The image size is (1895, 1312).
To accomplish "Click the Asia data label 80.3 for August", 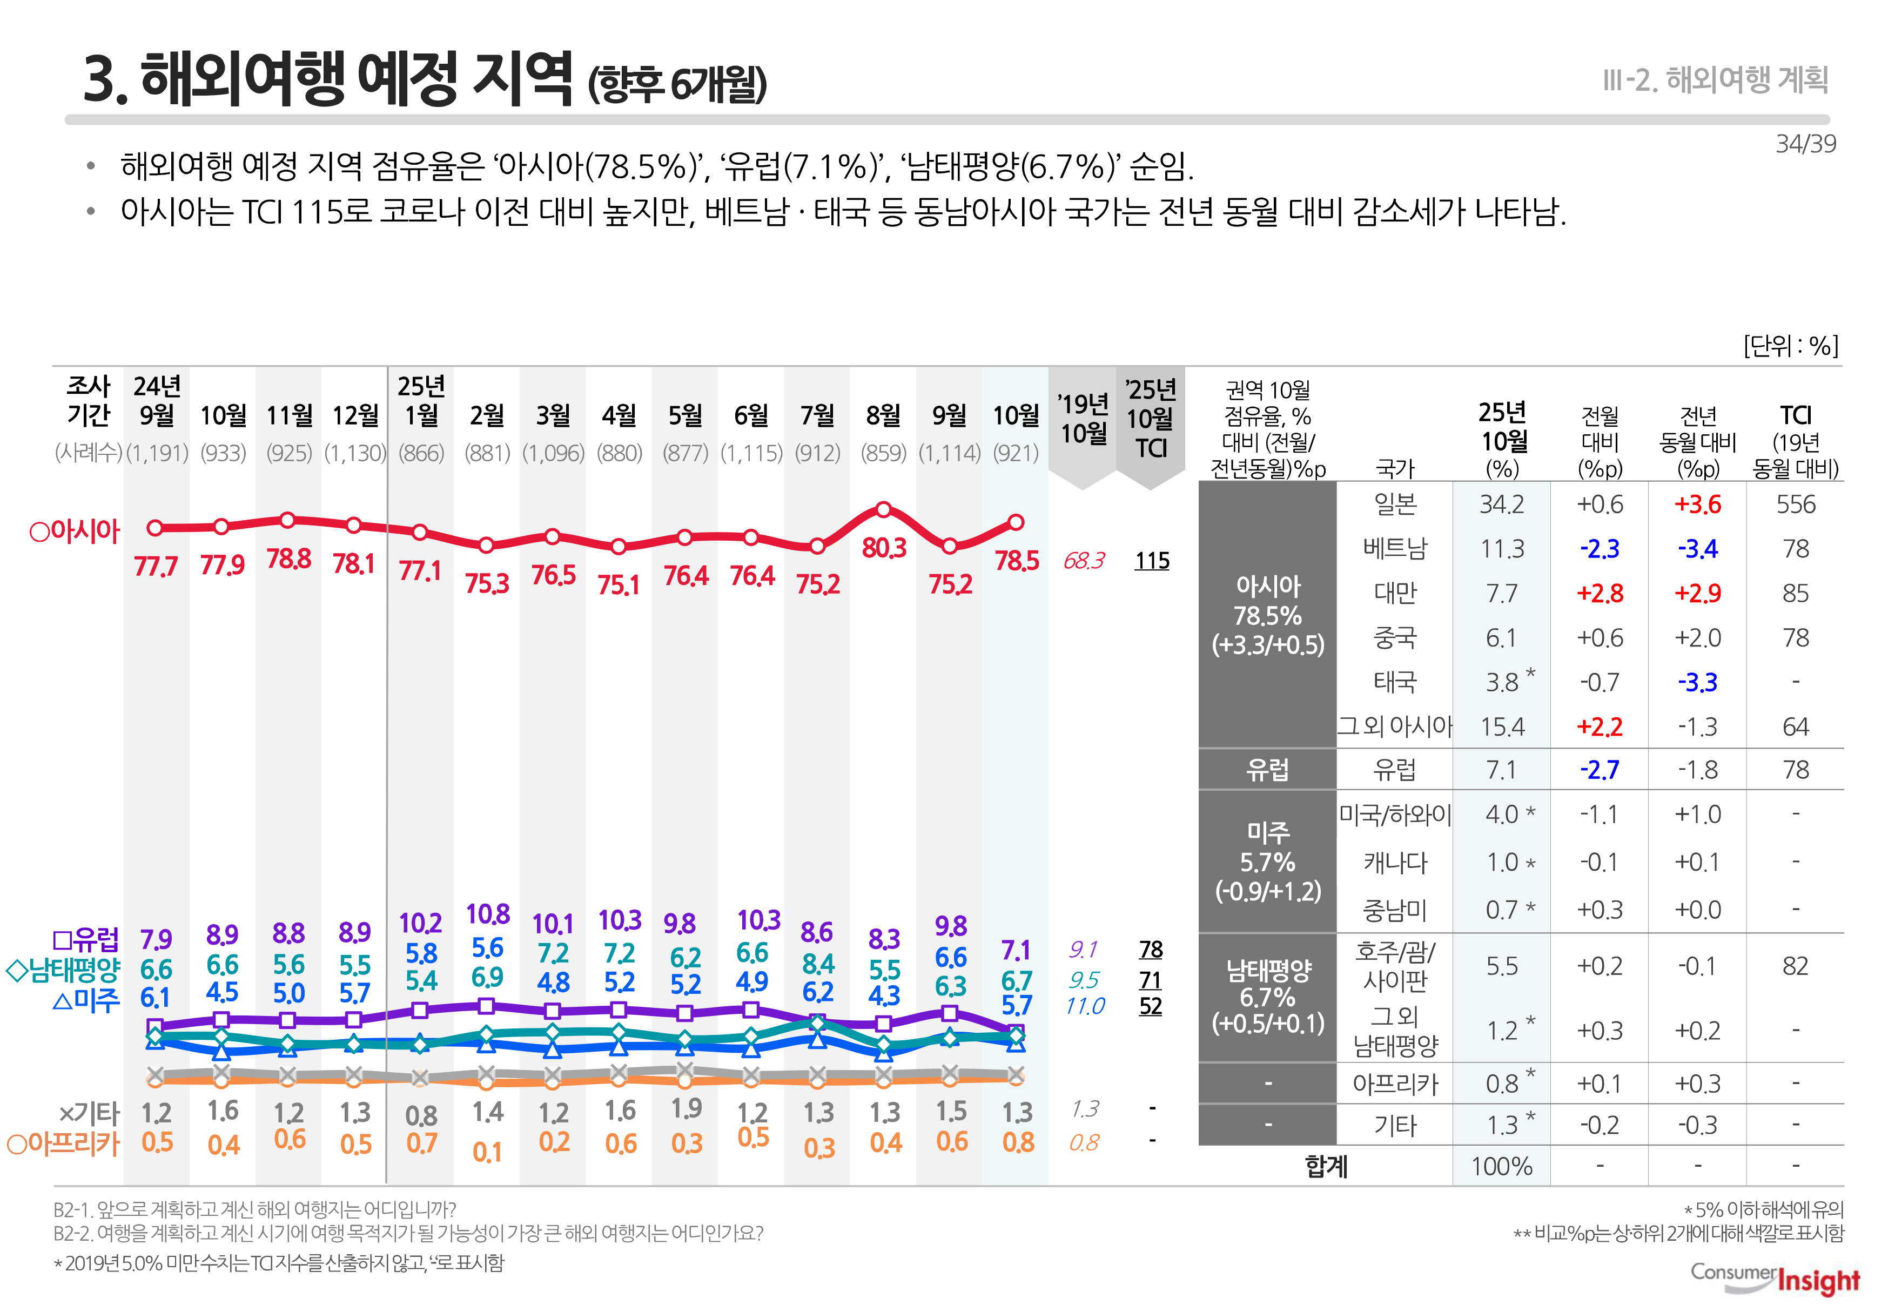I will pos(884,548).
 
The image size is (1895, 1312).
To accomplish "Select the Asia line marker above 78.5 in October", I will pos(1016,522).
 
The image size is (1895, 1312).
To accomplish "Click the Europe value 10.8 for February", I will pos(487,914).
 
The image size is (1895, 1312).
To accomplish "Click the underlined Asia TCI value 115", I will pos(1152,561).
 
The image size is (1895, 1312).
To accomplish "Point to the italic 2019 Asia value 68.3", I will pos(1084,561).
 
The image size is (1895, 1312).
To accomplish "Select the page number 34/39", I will pos(1805,144).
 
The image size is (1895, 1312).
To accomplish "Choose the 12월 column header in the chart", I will pos(355,416).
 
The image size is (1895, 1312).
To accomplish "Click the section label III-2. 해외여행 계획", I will pos(1715,80).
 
